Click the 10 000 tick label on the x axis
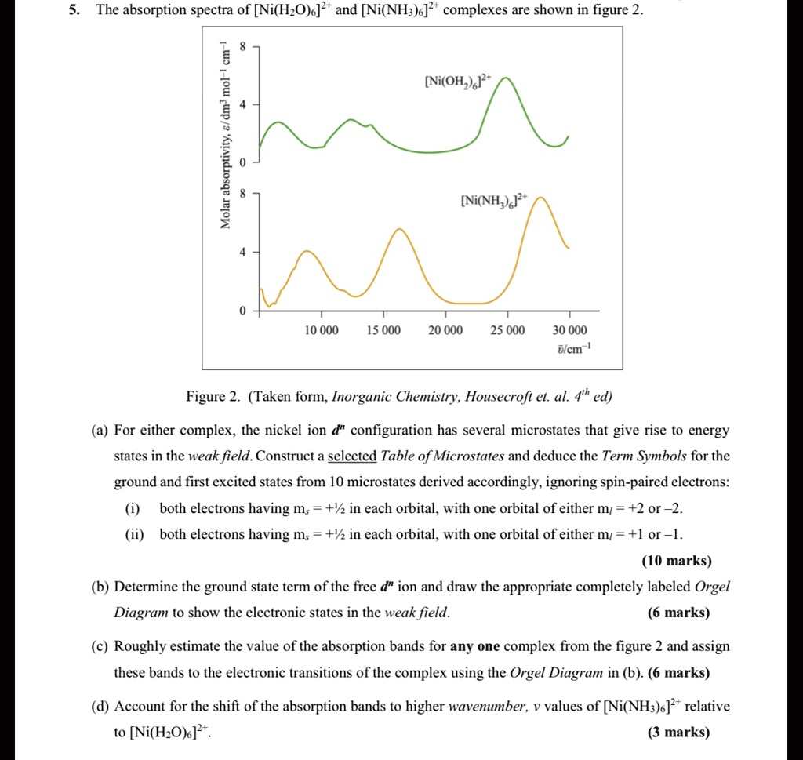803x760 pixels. pos(322,330)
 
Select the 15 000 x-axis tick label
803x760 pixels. pos(383,330)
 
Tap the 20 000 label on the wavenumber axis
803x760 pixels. pos(445,330)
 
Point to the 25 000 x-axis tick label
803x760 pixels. pos(507,330)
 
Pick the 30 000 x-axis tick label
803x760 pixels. pos(569,330)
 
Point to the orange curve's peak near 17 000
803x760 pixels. pos(400,229)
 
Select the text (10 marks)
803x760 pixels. pos(676,561)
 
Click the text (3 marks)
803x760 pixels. pos(679,733)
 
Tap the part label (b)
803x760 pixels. pos(100,587)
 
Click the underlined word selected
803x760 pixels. pos(352,456)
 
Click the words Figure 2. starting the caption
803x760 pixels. pos(213,396)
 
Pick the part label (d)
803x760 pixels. pos(100,706)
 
